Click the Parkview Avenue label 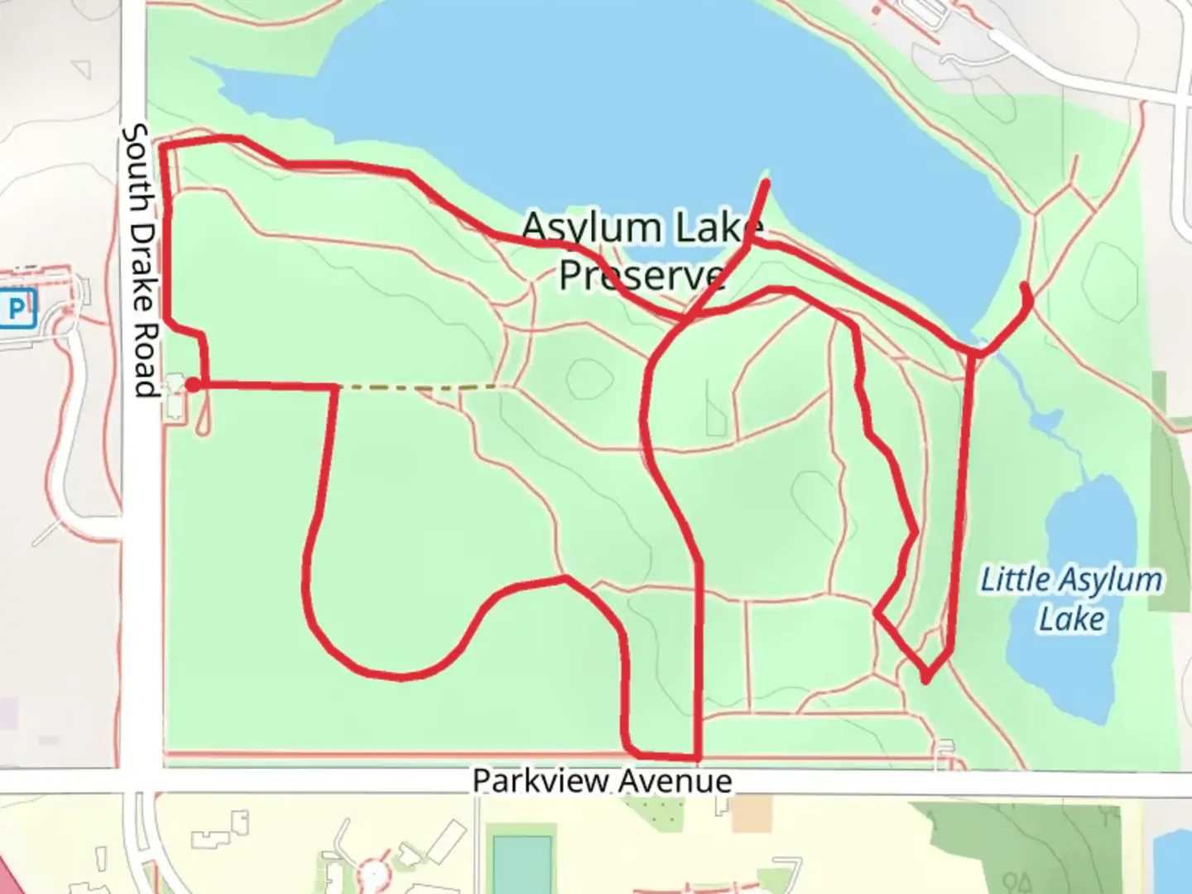coord(602,781)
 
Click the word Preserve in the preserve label coord(642,274)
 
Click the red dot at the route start coord(192,384)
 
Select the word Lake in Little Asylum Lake coord(1071,619)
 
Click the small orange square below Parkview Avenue coord(750,813)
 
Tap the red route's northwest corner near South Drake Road coord(163,147)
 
